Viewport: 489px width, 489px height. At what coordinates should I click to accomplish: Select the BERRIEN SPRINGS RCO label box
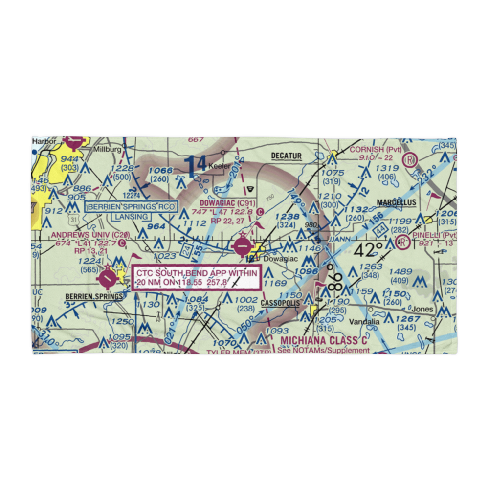(x=131, y=207)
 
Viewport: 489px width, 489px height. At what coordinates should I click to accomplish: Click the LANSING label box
(x=131, y=217)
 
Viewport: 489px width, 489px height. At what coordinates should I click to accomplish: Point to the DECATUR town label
(x=287, y=156)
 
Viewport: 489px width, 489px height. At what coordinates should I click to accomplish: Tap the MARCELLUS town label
(x=396, y=202)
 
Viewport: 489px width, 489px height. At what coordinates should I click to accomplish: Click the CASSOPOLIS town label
(x=280, y=303)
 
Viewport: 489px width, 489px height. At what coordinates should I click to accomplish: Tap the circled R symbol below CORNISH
(x=409, y=159)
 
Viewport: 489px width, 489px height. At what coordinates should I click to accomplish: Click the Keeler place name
(x=219, y=166)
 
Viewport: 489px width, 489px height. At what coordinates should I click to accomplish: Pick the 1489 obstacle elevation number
(x=400, y=272)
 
